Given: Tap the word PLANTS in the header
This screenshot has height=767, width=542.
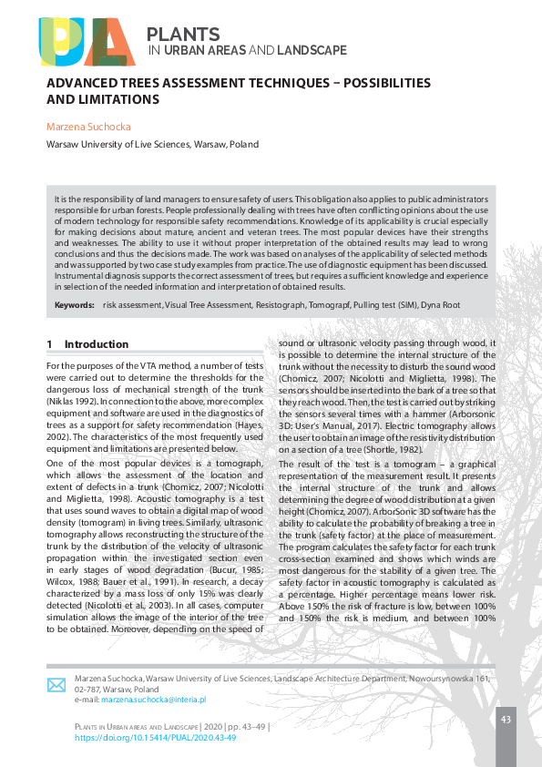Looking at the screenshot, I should pyautogui.click(x=183, y=35).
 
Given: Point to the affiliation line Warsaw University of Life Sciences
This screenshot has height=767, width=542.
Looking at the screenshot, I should pyautogui.click(x=152, y=144).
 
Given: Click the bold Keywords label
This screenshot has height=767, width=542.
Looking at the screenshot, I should pyautogui.click(x=74, y=305).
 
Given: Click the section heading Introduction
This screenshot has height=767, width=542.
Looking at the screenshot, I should pyautogui.click(x=97, y=344).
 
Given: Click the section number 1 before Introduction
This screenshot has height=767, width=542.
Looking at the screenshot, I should pyautogui.click(x=49, y=344).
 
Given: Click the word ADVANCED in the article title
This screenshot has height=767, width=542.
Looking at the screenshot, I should pyautogui.click(x=84, y=83).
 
